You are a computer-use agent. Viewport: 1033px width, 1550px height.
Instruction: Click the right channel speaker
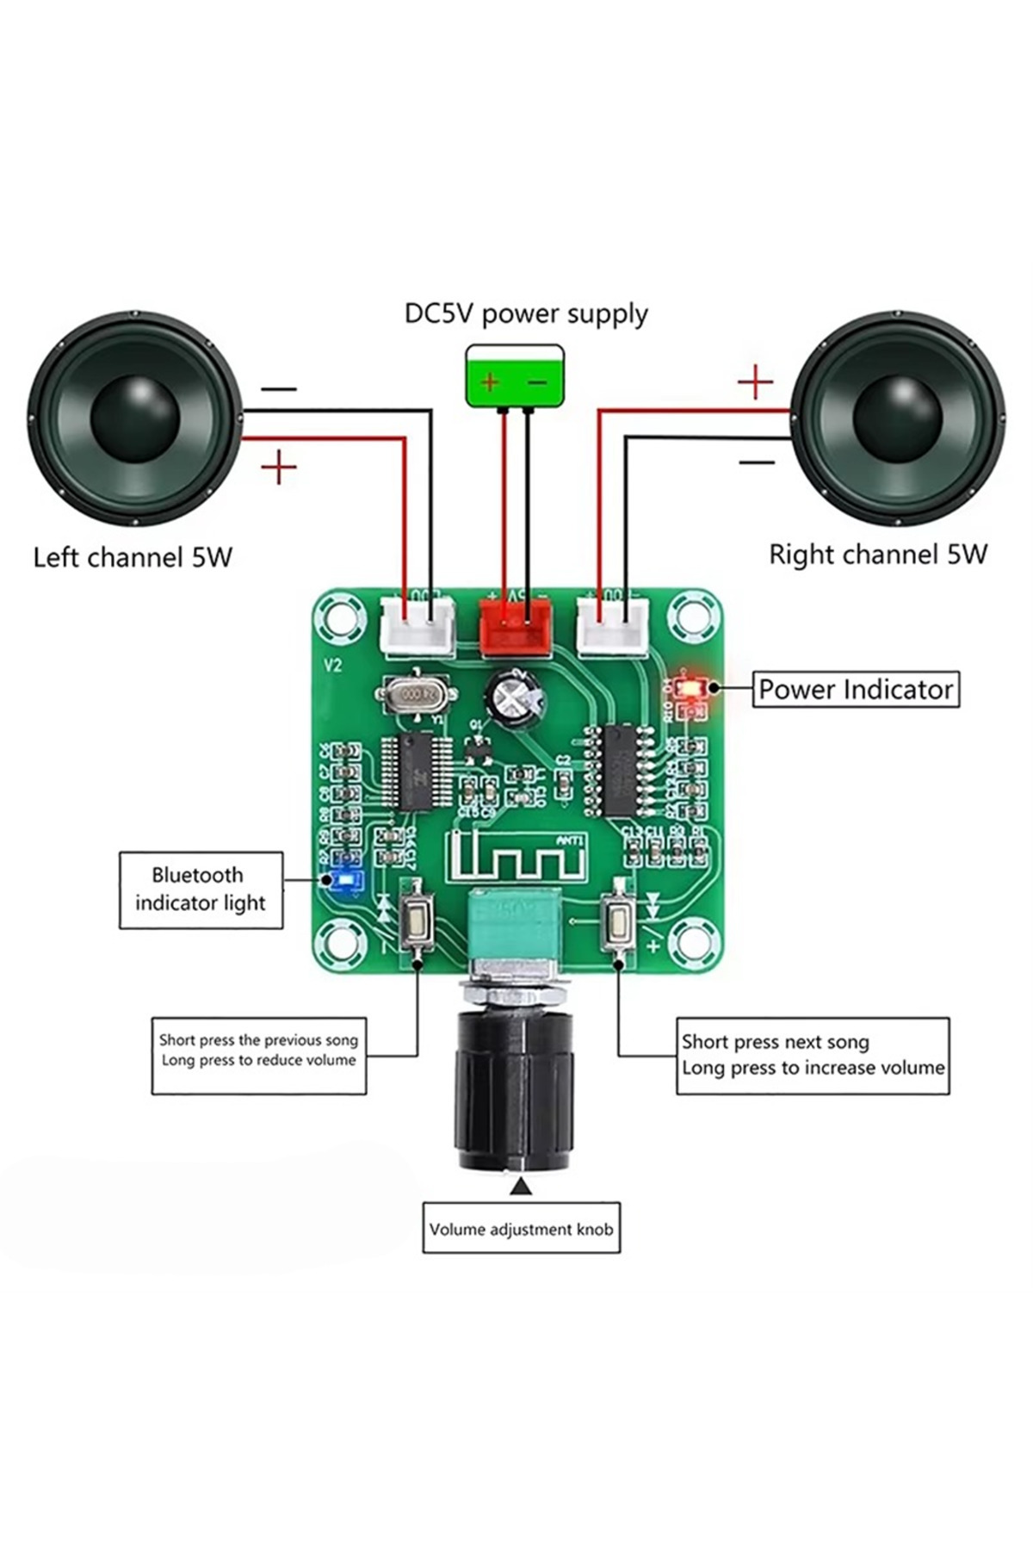897,422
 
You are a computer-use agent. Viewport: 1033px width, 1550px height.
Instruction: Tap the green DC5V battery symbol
515,375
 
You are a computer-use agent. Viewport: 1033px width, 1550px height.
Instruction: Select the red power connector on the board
515,627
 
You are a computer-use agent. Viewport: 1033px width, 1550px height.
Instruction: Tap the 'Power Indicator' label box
856,690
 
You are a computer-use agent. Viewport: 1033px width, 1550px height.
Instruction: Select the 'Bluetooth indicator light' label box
200,890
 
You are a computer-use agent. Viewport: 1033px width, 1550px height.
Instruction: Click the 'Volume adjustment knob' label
521,1229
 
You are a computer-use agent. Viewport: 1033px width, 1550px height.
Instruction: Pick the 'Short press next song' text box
812,1056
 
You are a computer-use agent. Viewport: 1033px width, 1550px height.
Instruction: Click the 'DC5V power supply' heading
526,314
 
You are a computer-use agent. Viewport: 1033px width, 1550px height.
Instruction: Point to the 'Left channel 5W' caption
133,557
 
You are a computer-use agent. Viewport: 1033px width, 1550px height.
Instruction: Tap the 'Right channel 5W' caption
878,554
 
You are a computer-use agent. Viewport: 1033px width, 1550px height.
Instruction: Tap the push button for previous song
418,923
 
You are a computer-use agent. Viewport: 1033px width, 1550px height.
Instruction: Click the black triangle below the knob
521,1187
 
